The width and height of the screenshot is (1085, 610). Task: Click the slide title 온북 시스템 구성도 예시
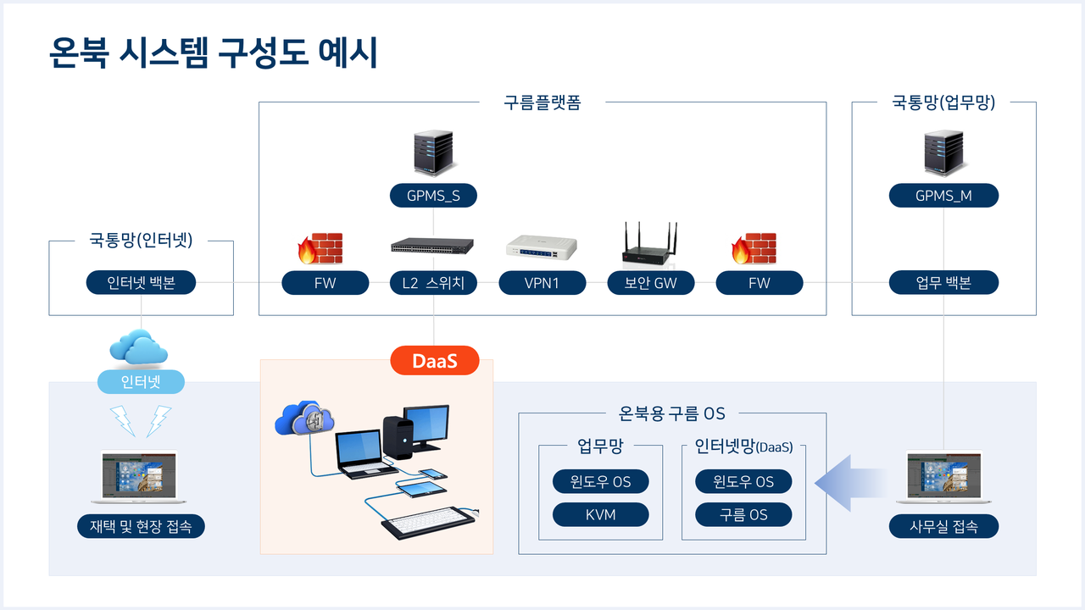pos(214,53)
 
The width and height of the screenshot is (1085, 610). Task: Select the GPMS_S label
pos(433,196)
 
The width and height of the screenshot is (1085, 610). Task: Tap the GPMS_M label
pos(943,196)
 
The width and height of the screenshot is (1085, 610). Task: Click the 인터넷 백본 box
pos(141,283)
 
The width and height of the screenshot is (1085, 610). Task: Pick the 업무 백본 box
pos(943,283)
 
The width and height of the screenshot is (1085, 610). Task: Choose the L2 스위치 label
pos(433,283)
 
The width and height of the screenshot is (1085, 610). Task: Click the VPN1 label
pos(542,283)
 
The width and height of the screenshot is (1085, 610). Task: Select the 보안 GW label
pos(651,283)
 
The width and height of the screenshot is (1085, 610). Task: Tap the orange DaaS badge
pos(435,360)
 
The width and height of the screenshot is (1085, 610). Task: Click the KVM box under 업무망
pos(600,514)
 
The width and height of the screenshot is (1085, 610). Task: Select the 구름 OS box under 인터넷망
pos(743,514)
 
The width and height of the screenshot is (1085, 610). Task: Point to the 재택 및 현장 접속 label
pos(141,526)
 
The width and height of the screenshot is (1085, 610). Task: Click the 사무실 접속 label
pos(943,526)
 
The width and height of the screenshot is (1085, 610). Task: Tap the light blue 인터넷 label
pos(141,382)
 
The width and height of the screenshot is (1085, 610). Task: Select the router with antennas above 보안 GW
pos(651,244)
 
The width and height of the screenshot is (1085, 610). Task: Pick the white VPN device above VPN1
pos(542,246)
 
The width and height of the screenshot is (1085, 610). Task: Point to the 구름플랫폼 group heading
pos(542,103)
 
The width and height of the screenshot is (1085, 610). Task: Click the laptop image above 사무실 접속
pos(943,476)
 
